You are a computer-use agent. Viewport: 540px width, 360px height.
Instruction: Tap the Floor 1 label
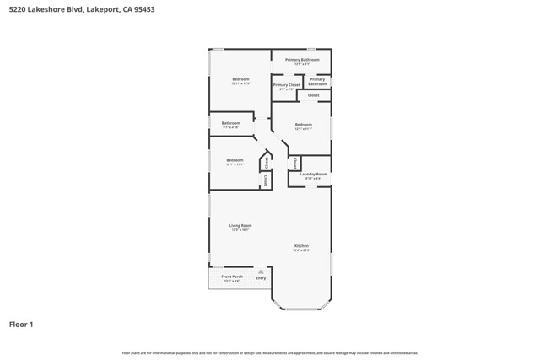click(21, 324)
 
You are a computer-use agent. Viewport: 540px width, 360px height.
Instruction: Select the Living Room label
click(240, 225)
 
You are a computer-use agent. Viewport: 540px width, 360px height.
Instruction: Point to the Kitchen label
click(301, 246)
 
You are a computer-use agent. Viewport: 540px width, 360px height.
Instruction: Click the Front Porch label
click(232, 277)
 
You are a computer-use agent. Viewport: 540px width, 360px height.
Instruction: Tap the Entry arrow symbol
click(261, 271)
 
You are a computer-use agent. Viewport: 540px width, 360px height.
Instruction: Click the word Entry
click(261, 278)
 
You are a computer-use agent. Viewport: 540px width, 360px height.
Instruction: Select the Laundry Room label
click(313, 174)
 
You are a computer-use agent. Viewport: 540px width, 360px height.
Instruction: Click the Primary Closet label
click(287, 85)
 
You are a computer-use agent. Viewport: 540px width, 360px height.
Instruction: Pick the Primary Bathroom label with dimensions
click(301, 60)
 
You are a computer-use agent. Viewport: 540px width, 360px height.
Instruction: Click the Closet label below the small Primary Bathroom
click(313, 95)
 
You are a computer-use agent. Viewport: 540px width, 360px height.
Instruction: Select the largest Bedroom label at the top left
click(240, 79)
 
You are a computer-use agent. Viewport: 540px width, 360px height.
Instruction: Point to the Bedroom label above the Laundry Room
click(304, 125)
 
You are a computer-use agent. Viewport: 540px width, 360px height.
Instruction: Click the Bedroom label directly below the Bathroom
click(235, 160)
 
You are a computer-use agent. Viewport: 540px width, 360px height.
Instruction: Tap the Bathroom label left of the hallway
click(231, 123)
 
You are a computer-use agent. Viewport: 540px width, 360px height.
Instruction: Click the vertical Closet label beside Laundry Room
click(294, 163)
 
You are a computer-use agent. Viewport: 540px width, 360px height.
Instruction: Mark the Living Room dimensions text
click(240, 230)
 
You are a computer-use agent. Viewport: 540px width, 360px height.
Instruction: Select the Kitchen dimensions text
click(301, 251)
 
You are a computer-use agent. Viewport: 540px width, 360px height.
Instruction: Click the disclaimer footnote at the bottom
click(270, 353)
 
